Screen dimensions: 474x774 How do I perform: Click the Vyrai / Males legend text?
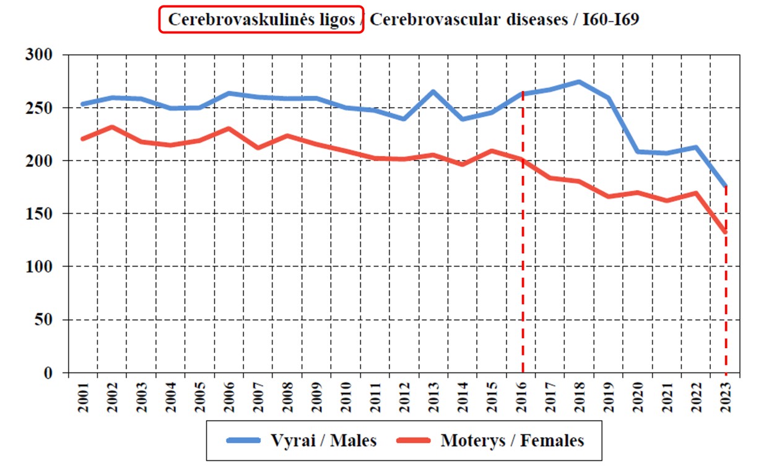(324, 441)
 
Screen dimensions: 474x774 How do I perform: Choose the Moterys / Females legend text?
(513, 441)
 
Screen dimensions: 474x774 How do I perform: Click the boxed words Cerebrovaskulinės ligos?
(261, 20)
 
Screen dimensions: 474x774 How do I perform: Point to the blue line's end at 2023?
(725, 186)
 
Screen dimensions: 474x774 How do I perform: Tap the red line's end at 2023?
(725, 232)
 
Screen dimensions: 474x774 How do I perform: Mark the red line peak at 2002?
(111, 127)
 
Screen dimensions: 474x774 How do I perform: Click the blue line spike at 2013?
(433, 92)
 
